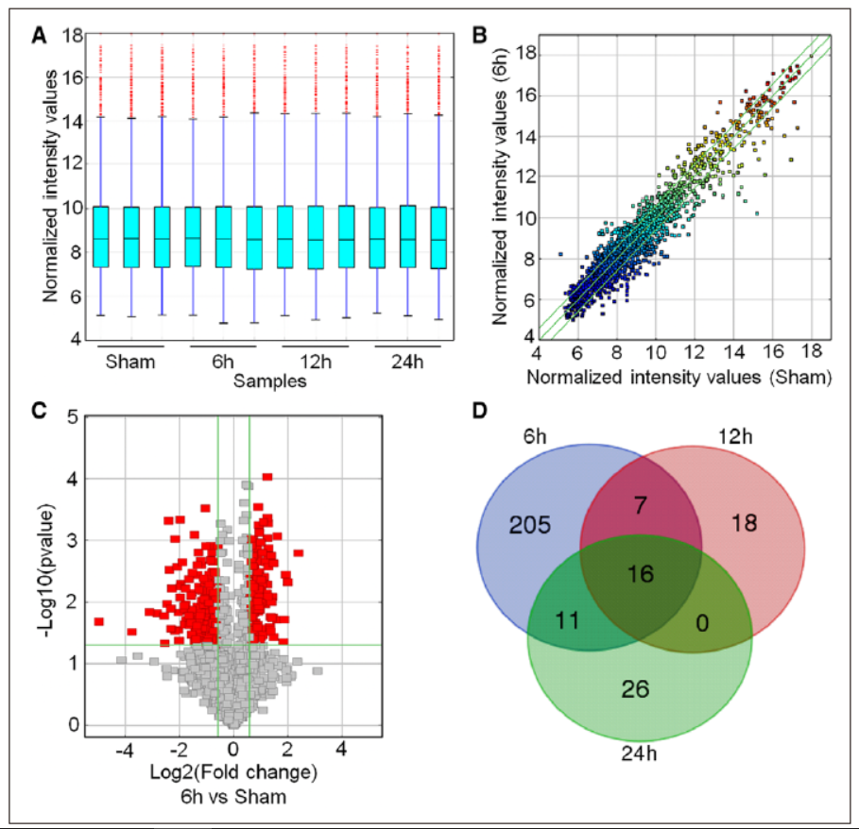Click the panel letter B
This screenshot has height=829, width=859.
click(x=479, y=35)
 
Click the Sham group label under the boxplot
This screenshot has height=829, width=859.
click(x=127, y=364)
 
